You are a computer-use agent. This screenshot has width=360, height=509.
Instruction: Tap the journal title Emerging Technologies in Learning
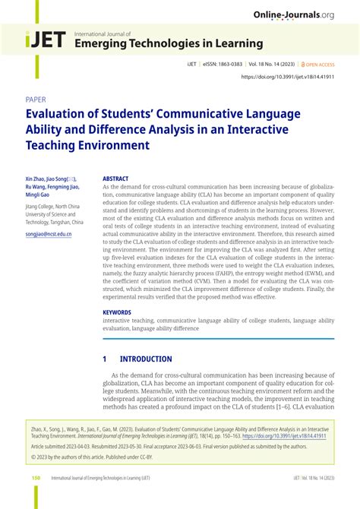coord(168,44)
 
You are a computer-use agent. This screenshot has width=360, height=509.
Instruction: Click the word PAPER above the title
coord(36,100)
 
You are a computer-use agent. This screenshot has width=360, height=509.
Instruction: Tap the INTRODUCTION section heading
coord(146,359)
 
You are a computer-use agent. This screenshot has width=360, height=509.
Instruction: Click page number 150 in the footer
coord(36,478)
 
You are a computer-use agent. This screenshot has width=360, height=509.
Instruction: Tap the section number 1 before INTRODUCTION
coord(105,359)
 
